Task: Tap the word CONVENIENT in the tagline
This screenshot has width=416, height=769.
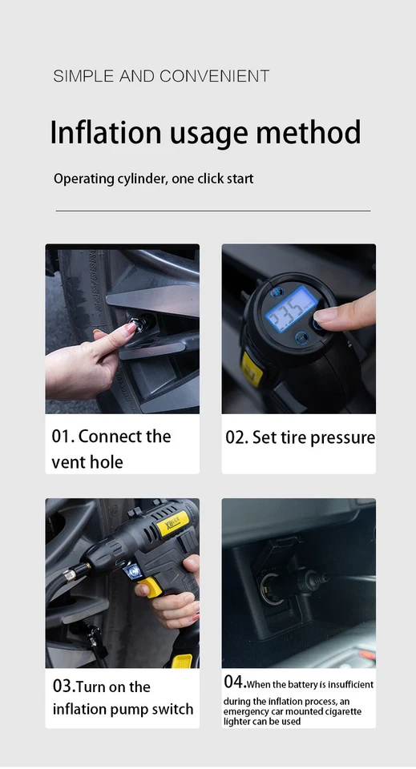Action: coord(214,77)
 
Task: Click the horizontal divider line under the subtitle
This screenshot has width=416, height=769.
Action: coord(212,211)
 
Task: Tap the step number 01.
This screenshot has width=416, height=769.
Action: coord(63,437)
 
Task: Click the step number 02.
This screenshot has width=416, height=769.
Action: coord(236,437)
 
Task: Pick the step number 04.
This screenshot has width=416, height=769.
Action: coord(234,682)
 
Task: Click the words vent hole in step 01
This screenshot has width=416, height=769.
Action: coord(87,462)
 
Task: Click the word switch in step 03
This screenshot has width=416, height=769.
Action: coord(172,709)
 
